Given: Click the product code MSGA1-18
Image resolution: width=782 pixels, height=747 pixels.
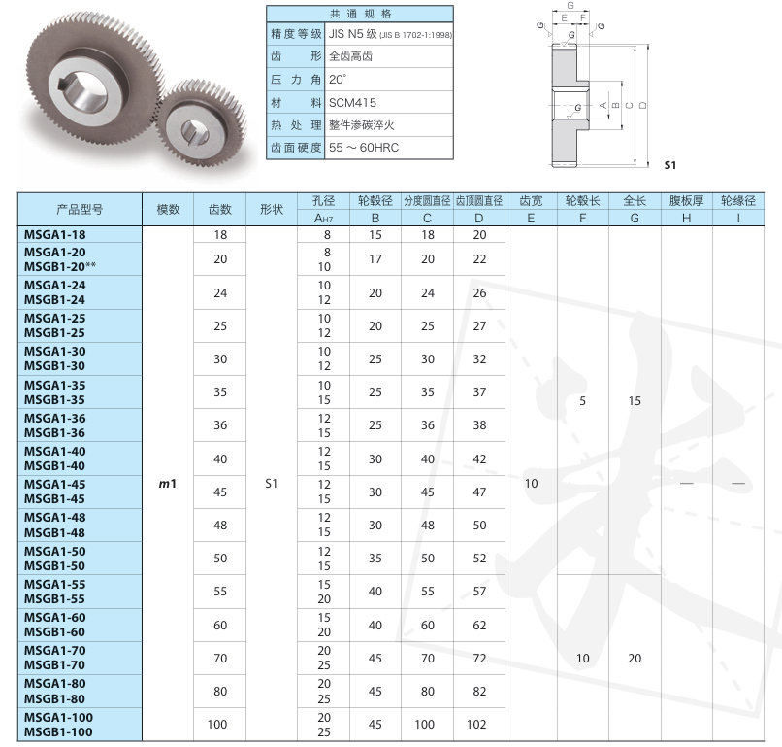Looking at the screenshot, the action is point(55,235).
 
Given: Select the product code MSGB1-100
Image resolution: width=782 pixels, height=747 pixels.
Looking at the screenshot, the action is point(58,732).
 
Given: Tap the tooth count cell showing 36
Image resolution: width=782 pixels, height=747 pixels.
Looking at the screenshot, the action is point(220,424).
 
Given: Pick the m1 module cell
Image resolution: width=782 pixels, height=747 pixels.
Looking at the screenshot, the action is point(168,484).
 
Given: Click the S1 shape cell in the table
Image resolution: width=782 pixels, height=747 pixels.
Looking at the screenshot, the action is point(271,484).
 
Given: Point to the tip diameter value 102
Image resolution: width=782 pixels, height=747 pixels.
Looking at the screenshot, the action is point(476,724).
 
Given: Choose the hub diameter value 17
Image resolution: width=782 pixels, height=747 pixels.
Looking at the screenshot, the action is point(375,259).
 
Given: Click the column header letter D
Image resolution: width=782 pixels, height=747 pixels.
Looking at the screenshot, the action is point(478,219).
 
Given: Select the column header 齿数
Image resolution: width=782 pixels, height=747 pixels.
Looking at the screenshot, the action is point(220,209).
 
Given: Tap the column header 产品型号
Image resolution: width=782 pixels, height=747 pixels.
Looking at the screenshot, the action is point(80,209).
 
